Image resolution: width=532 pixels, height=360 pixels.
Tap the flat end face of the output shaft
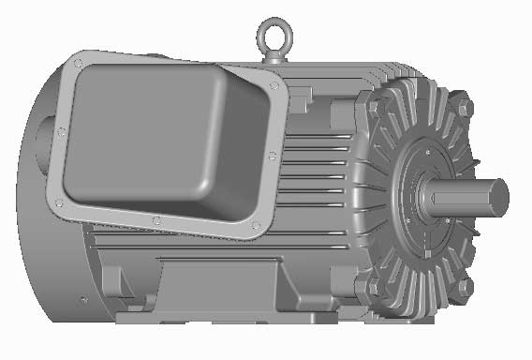[x=498, y=196]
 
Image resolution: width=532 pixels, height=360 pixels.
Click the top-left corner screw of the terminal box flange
[x=78, y=64]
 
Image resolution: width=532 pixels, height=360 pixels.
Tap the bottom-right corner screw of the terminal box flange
[x=254, y=226]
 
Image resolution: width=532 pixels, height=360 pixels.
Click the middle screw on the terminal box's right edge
[x=271, y=156]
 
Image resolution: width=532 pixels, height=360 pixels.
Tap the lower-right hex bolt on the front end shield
[x=463, y=288]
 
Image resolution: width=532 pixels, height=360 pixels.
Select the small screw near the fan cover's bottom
[x=84, y=299]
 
